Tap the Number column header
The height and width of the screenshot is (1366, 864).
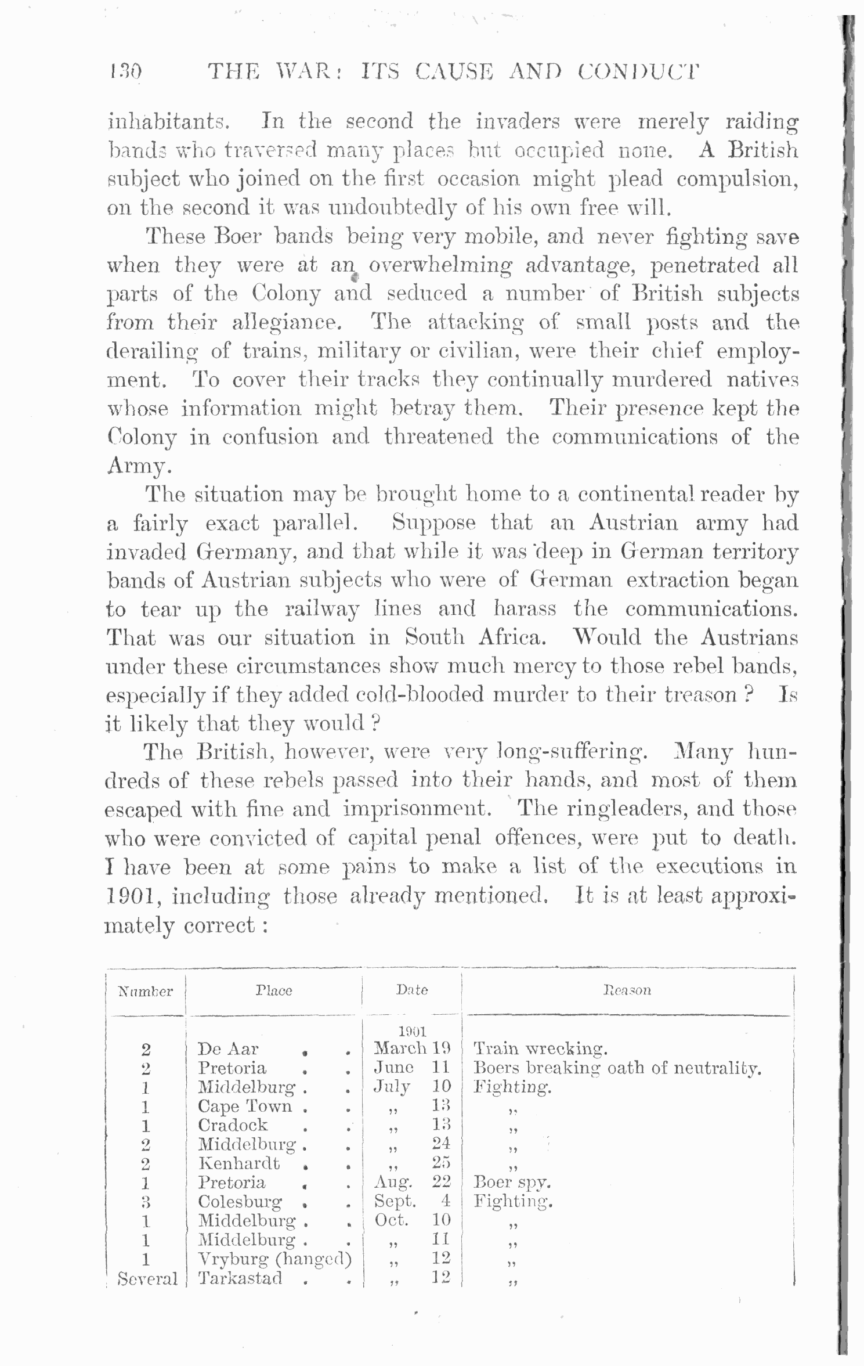click(146, 991)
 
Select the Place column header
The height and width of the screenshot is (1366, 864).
click(274, 990)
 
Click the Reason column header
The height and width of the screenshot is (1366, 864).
click(627, 990)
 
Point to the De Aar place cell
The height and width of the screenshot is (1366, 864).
click(228, 1049)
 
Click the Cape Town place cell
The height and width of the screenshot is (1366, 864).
click(245, 1106)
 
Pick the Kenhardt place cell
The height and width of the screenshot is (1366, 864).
click(239, 1163)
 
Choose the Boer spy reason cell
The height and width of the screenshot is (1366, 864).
click(512, 1182)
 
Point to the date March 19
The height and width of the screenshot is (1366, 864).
click(412, 1048)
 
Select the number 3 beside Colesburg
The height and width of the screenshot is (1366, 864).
click(146, 1201)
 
